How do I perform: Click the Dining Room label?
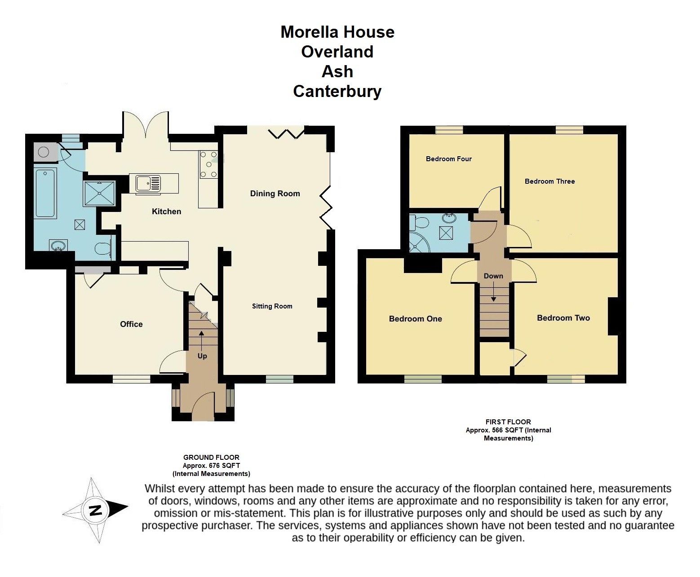point(275,194)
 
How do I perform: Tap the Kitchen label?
point(166,211)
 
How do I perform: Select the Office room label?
point(131,324)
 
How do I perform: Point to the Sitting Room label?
point(272,306)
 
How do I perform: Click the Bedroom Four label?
point(448,159)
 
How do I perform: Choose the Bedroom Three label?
point(549,181)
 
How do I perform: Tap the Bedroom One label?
point(415,319)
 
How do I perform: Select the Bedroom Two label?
point(563,318)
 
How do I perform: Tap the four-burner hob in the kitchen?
point(208,165)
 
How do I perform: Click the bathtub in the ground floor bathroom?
point(45,194)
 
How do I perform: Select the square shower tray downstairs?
point(99,193)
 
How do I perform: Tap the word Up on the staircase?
point(202,356)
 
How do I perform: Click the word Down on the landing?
point(493,276)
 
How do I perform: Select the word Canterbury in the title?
point(337,91)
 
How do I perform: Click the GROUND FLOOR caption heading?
point(211,458)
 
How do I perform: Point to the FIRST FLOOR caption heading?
point(508,422)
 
